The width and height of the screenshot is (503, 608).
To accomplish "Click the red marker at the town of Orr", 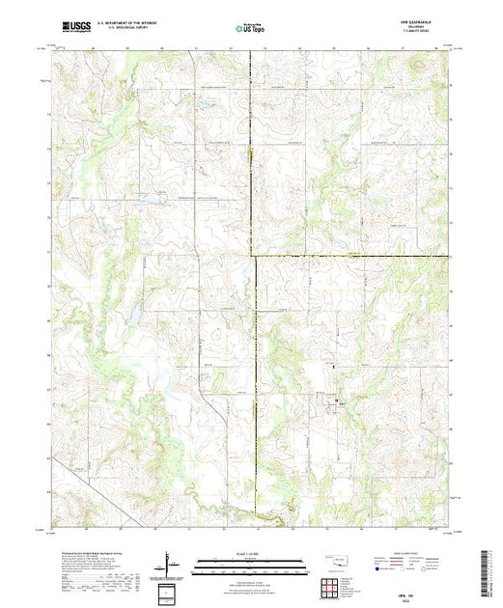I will point(337,401).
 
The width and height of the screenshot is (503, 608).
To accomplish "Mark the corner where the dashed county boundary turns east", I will point(254,256).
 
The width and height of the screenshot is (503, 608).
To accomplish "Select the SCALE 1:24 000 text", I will point(251,552).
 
